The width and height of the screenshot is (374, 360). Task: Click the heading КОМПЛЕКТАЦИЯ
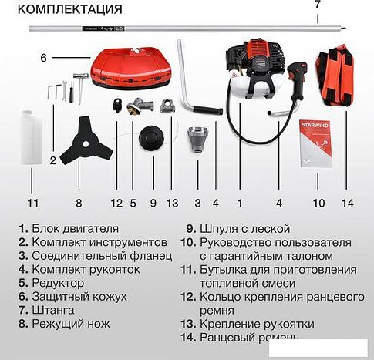click(x=69, y=10)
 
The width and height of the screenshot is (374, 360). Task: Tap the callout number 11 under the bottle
click(x=32, y=204)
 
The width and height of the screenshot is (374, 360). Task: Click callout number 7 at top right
click(x=317, y=5)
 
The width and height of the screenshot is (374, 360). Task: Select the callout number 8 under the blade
click(x=79, y=204)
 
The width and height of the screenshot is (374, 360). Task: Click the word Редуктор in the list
click(x=56, y=283)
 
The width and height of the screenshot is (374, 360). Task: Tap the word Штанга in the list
click(x=53, y=311)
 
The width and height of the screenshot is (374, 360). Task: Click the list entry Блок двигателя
click(x=75, y=228)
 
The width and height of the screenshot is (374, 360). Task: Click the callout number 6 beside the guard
click(x=43, y=58)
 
